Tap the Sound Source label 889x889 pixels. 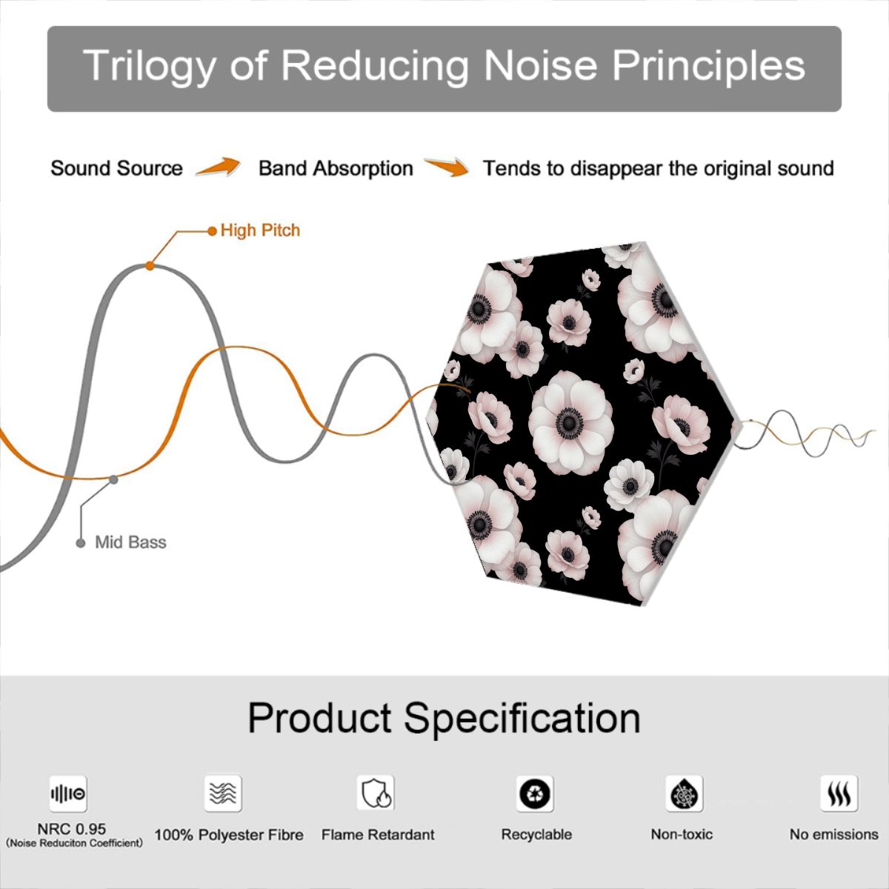pos(117,168)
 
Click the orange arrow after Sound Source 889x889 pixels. pos(219,167)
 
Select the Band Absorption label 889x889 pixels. pos(336,168)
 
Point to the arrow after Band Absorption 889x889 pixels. pos(447,167)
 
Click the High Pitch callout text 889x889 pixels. pos(260,230)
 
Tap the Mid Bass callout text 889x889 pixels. pos(130,542)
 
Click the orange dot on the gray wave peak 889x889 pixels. pos(150,266)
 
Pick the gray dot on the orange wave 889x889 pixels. pos(113,480)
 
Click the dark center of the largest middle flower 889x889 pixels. pos(569,422)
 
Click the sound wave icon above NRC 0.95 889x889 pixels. pos(68,793)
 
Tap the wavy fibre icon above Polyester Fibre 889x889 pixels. pos(223,793)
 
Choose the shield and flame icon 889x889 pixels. pos(376,793)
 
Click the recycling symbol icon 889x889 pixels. pos(535,793)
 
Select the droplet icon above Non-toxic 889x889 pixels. pos(685,793)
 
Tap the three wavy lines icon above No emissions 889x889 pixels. pos(839,793)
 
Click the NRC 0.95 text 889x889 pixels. pos(72,829)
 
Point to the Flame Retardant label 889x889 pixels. pos(378,835)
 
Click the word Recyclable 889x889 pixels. pos(536,834)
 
